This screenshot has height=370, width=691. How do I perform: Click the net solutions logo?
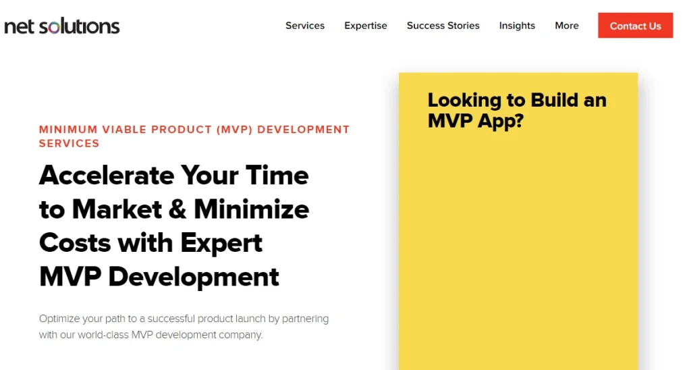(x=61, y=26)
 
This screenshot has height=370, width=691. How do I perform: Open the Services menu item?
(x=305, y=26)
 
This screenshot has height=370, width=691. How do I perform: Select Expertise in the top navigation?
(x=366, y=26)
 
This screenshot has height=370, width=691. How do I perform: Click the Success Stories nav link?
(x=443, y=26)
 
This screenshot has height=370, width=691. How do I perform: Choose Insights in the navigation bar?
(x=517, y=26)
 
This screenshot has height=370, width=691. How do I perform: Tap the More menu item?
(x=567, y=26)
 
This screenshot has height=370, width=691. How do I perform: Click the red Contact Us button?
(x=636, y=26)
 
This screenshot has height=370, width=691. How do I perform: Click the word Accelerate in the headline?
(x=107, y=176)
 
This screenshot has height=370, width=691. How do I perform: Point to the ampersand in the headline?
(x=177, y=209)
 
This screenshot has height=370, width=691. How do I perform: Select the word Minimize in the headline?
(x=252, y=209)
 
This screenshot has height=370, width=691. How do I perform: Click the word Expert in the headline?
(x=221, y=244)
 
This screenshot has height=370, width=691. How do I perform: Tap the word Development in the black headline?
(x=194, y=277)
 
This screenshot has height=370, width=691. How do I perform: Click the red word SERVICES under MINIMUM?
(x=70, y=143)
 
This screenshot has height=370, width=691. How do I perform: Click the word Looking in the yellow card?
(x=464, y=101)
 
